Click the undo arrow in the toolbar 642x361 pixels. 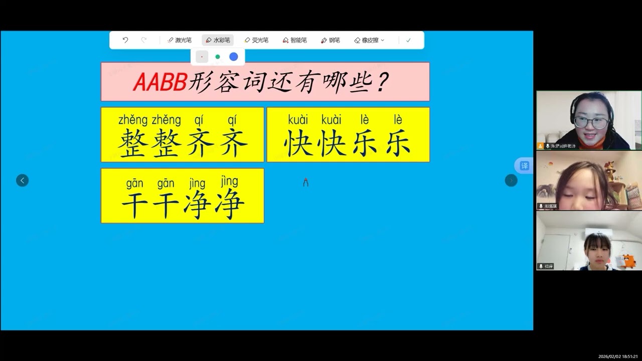coord(125,40)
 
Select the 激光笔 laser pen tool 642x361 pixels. coord(180,40)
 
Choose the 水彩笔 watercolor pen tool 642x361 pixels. coord(218,40)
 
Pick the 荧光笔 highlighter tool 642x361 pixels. coord(256,40)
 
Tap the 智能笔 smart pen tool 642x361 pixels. coord(295,40)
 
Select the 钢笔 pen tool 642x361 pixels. coord(331,40)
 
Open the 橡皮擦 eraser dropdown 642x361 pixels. coord(369,40)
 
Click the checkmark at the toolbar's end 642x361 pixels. coord(408,40)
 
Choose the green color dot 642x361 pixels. coord(218,57)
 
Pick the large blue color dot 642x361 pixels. coord(234,57)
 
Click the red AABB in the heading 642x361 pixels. coord(160,82)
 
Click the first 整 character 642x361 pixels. coord(133,143)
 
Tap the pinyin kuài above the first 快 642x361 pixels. coord(298,120)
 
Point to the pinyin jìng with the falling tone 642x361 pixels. coord(229,181)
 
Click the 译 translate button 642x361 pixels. coord(524,165)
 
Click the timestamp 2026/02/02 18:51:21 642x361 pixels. coord(618,356)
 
